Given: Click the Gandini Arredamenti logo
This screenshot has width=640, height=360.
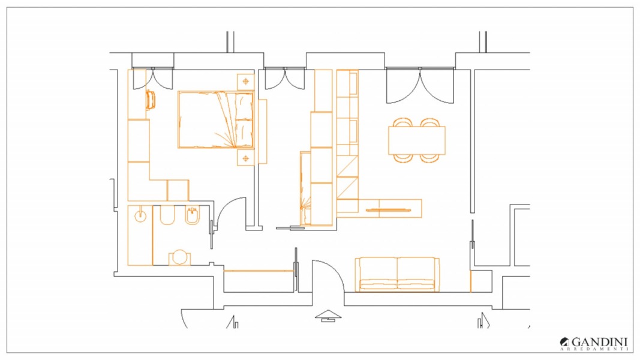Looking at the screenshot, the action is pos(593,344).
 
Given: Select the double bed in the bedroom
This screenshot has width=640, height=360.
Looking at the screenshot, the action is pos(215,119).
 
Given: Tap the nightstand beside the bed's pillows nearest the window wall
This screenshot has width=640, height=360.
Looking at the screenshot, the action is pos(245,82).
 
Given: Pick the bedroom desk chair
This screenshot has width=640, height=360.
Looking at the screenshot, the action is pos(151,100).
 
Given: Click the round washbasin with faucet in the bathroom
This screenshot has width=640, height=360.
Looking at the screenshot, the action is pos(140,215).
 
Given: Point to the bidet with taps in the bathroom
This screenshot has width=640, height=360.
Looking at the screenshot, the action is pos(193,215).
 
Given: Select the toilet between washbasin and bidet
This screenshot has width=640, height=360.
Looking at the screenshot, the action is pos(167,215).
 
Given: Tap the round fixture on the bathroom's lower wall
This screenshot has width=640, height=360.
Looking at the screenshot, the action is pos(179,257).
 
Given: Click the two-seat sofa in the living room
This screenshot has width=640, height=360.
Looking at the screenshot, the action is pos(397,274).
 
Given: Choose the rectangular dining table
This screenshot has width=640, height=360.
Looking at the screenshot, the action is pos(417,140).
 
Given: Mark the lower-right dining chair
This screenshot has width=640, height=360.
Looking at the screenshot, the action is pos(430,158).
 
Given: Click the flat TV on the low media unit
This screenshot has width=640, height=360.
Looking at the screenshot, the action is pos(388,210).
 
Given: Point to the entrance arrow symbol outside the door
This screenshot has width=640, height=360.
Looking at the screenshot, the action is pos(328,316).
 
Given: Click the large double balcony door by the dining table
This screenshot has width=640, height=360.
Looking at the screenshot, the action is pos(420,86).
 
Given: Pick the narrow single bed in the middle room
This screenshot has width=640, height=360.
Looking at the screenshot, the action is pos(305,188).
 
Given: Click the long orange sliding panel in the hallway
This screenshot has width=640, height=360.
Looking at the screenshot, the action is pos(259,270).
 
